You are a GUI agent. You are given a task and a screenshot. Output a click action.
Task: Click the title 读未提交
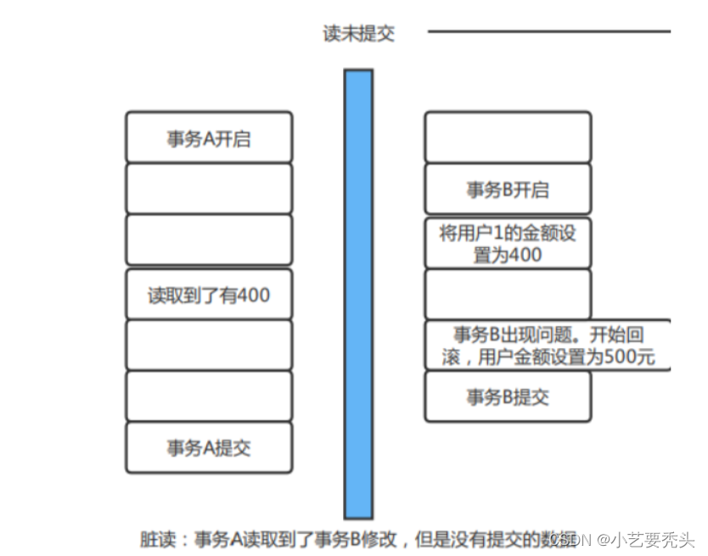358,34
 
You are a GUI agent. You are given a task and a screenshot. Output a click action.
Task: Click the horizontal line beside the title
548,32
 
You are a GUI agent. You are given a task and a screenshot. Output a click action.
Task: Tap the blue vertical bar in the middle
358,293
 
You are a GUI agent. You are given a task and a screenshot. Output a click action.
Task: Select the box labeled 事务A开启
209,138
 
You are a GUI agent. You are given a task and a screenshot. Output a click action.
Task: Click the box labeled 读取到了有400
209,295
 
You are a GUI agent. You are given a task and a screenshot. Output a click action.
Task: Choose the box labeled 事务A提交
209,447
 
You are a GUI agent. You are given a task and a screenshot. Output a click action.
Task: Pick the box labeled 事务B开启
508,189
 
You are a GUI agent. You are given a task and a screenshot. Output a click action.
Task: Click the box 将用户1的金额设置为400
508,243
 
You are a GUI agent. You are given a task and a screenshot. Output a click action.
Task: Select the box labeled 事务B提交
508,396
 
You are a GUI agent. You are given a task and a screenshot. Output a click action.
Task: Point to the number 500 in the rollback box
617,357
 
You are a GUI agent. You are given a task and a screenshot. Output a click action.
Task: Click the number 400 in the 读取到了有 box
254,295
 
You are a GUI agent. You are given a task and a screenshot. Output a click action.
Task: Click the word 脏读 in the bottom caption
160,539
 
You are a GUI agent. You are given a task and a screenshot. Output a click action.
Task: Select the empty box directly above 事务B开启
508,137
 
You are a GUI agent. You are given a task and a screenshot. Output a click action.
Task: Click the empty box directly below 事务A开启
209,188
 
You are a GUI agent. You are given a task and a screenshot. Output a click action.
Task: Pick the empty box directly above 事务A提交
209,396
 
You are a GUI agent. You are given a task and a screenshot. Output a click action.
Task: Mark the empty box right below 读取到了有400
209,345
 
